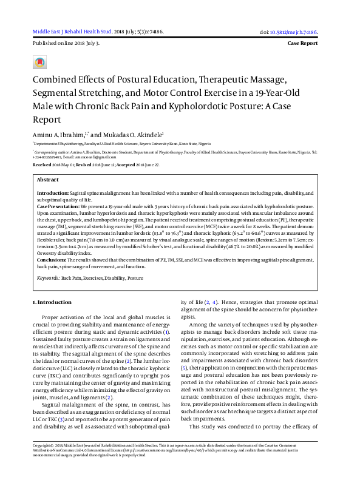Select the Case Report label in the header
click(x=302, y=44)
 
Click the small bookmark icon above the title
click(x=40, y=63)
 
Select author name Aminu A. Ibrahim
click(x=58, y=135)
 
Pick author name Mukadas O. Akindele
click(x=135, y=135)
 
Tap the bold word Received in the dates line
click(x=42, y=164)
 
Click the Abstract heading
click(x=48, y=180)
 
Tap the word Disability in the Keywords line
click(x=113, y=277)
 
